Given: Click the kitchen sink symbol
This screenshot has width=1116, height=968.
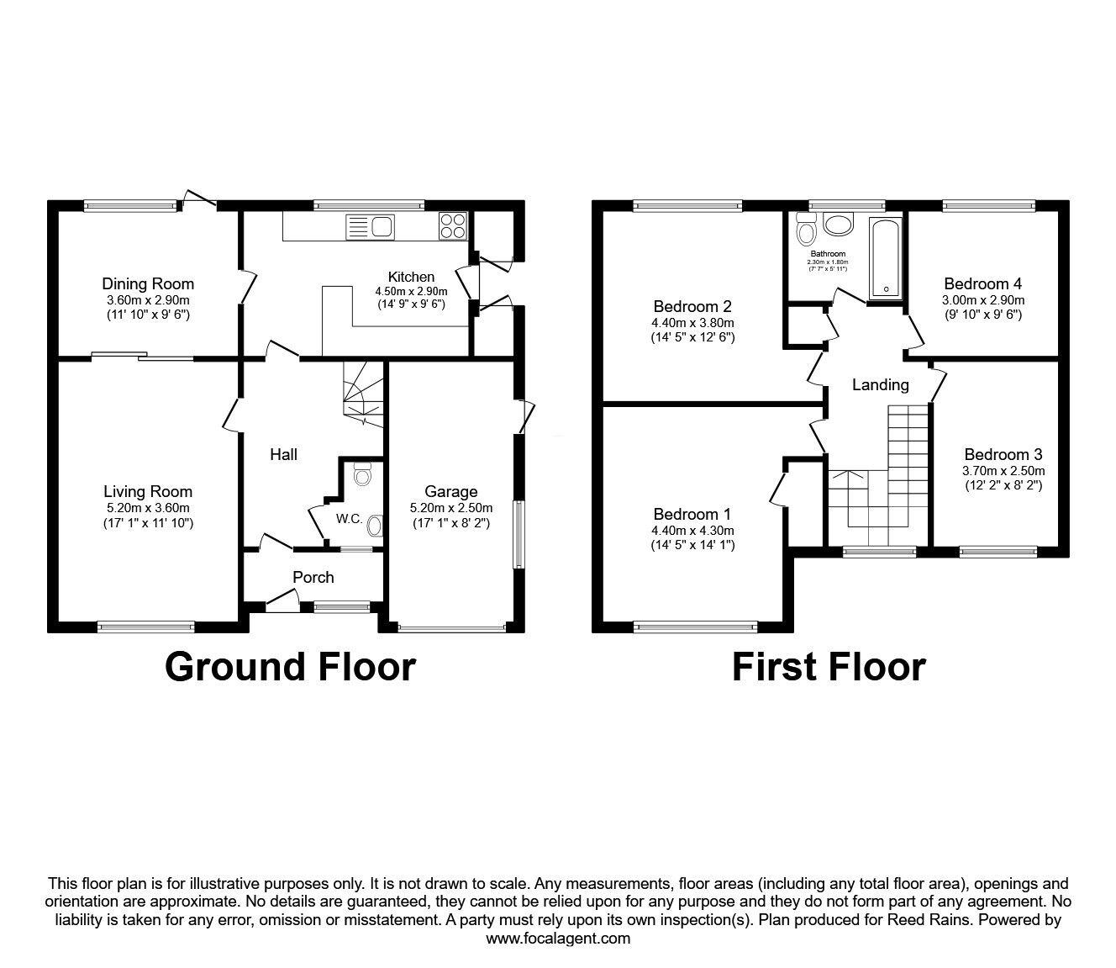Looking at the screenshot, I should click(371, 226).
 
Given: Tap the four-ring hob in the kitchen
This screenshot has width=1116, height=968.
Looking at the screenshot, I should click(452, 225).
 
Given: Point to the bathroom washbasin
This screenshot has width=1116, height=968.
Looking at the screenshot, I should click(837, 224).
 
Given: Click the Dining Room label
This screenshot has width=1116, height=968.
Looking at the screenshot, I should click(148, 284).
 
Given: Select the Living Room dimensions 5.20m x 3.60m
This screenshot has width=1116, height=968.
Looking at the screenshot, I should click(148, 508).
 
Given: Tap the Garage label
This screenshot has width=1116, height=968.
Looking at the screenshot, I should click(450, 492).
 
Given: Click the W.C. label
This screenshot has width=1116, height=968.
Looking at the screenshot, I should click(350, 519).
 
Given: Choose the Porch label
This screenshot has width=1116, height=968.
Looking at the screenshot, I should click(313, 578).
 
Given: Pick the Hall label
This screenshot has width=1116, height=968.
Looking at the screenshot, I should click(283, 455).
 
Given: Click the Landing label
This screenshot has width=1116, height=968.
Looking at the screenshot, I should click(880, 385).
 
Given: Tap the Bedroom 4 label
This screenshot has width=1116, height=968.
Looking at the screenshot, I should click(983, 284).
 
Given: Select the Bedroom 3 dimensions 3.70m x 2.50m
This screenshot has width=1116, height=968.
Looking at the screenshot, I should click(1003, 471).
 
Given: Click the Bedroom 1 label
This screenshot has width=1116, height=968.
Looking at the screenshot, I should click(692, 515).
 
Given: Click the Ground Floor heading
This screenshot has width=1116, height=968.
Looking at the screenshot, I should click(290, 666).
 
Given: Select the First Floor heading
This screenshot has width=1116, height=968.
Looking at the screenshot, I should click(829, 666).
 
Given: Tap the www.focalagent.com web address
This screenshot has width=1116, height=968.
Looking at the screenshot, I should click(558, 939).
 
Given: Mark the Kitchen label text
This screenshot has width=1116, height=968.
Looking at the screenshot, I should click(411, 277).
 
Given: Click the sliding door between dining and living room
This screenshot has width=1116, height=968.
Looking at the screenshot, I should click(143, 357).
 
